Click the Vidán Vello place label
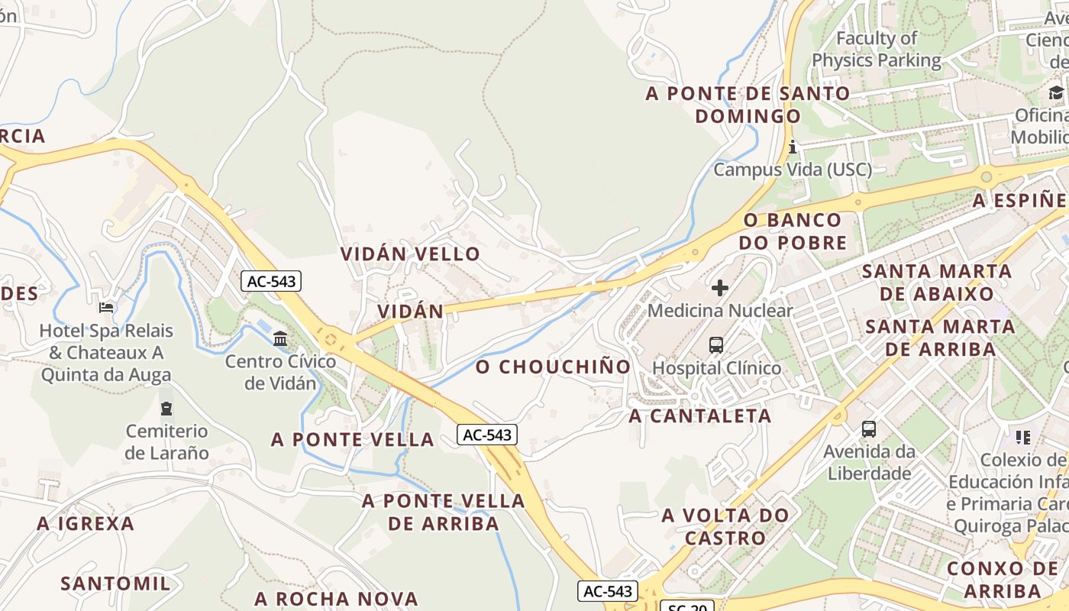click(410, 254)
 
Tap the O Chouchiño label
click(554, 367)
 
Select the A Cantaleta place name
click(699, 416)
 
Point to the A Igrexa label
click(86, 524)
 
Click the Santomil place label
click(115, 584)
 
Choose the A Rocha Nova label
click(336, 598)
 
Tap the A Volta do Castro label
click(725, 526)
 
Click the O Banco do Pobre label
click(795, 231)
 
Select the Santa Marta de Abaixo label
click(937, 282)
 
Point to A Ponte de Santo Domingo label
click(748, 105)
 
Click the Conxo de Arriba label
click(1003, 579)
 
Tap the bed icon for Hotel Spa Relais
click(106, 308)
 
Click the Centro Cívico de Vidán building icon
click(280, 338)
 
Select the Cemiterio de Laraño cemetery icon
click(166, 408)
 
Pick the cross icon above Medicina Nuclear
click(720, 288)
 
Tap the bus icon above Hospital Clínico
click(715, 345)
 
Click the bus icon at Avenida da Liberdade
click(869, 429)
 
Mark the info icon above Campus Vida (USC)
click(793, 147)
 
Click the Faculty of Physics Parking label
click(877, 49)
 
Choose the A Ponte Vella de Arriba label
click(444, 512)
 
